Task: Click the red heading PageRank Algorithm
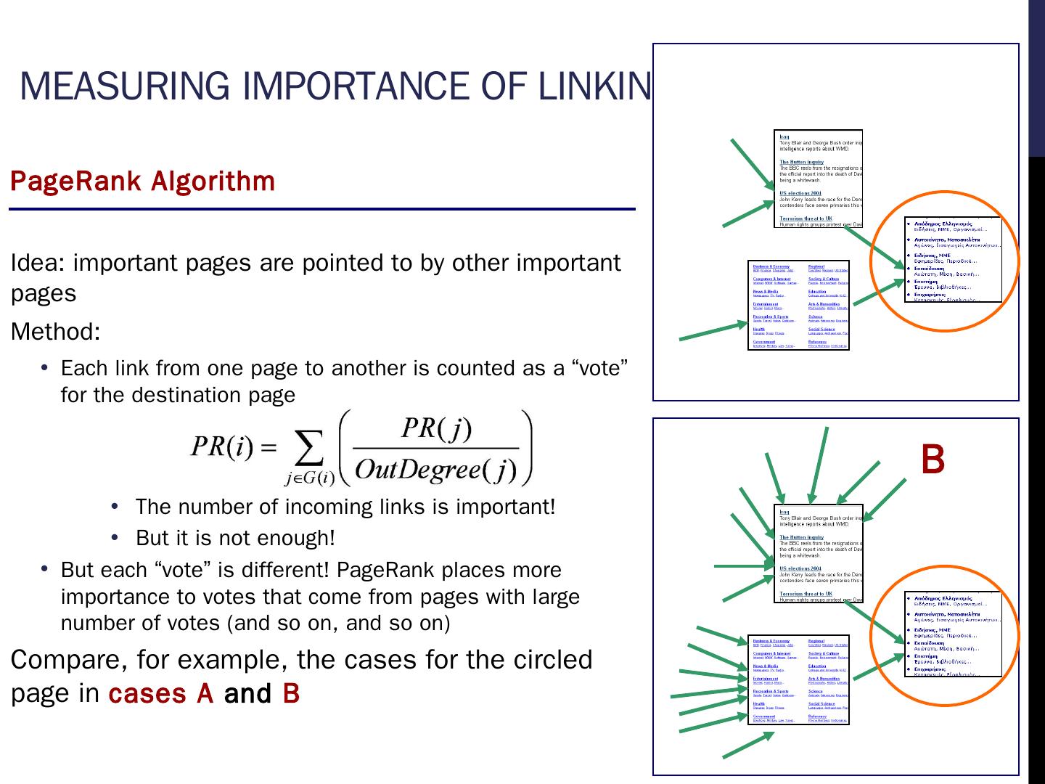coord(142,181)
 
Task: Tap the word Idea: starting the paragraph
coord(38,263)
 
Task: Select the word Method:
coord(55,332)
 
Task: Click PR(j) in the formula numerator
coord(436,428)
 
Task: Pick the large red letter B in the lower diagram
coord(933,460)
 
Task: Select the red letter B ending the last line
coord(291,694)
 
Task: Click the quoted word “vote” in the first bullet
coord(599,369)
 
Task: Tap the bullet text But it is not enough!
coord(235,539)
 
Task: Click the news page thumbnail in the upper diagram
coord(819,179)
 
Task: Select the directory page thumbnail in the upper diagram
coord(798,305)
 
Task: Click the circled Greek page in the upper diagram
coord(953,259)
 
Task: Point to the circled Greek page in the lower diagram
coord(953,634)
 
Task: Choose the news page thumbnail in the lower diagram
coord(819,554)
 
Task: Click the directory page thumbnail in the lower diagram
coord(798,679)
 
